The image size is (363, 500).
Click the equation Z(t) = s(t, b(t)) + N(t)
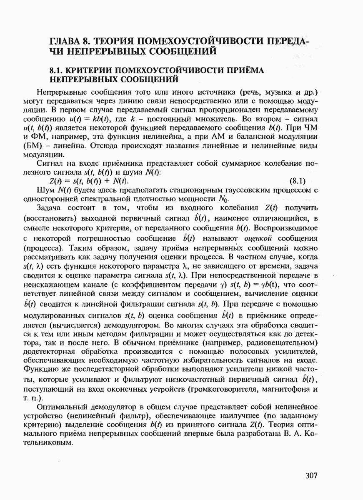tap(89, 181)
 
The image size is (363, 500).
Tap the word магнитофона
tap(287, 389)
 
